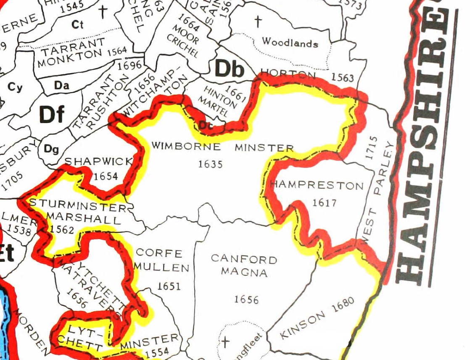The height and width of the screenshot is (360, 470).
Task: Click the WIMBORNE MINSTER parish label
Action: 222,147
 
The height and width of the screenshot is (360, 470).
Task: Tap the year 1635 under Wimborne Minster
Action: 210,164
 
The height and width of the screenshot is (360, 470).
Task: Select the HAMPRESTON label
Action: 317,185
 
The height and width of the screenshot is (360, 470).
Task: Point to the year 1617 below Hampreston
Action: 325,203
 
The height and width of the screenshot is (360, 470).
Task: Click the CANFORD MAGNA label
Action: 244,265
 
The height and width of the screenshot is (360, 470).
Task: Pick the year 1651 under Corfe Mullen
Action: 169,286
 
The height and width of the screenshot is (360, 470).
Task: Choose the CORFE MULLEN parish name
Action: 162,260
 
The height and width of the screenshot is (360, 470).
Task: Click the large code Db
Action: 230,69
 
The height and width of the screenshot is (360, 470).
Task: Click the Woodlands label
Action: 290,42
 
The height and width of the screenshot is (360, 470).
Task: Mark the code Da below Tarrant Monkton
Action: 61,85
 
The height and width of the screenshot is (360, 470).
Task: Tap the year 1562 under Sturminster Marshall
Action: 61,229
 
